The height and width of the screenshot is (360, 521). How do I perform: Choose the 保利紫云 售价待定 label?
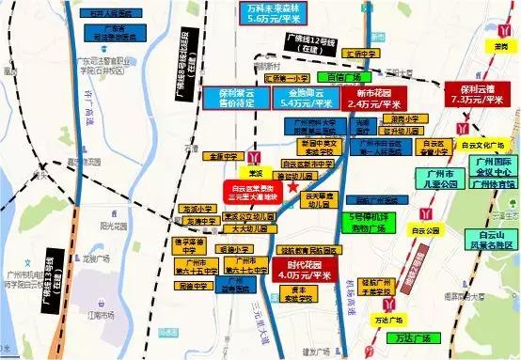pos(224,100)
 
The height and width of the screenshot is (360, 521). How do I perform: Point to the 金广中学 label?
pos(223,156)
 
